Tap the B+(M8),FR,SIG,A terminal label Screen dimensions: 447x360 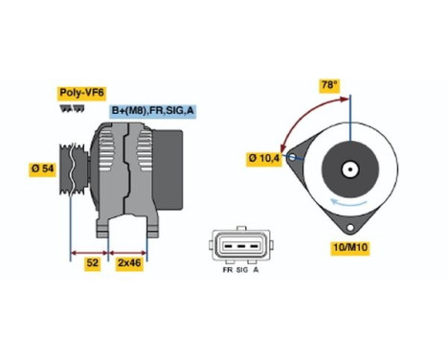(x=152, y=111)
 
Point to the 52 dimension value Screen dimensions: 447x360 (x=91, y=262)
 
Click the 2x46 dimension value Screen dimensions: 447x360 (x=127, y=262)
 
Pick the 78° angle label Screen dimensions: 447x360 (x=329, y=85)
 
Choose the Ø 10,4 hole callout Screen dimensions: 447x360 (x=265, y=157)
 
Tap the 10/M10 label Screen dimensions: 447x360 (x=349, y=249)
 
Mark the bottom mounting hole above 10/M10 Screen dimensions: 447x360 (x=350, y=229)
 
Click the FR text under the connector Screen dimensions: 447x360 (x=226, y=275)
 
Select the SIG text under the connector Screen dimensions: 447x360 (x=242, y=275)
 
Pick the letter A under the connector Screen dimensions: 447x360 (x=258, y=275)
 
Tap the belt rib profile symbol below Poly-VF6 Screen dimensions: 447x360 (x=70, y=108)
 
